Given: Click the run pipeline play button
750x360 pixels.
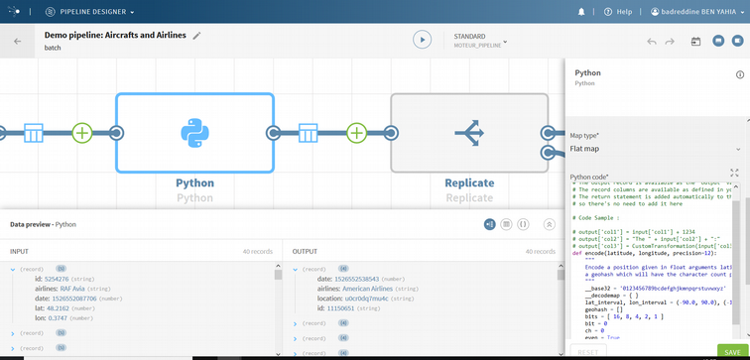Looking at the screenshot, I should [x=423, y=41].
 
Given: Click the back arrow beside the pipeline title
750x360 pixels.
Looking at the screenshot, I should [x=17, y=42].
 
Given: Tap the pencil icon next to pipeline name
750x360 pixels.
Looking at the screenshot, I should [x=196, y=35].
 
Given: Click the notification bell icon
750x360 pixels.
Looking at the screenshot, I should [x=581, y=12].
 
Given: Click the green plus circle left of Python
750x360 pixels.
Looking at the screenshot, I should [x=82, y=132].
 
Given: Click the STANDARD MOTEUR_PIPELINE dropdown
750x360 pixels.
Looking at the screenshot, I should [x=480, y=41].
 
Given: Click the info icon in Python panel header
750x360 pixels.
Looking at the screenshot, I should [x=739, y=74].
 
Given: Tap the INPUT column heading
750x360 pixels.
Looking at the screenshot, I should [x=20, y=251].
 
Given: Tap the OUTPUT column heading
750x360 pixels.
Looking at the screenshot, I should [x=305, y=251].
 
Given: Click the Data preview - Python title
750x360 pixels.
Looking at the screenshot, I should [x=43, y=224].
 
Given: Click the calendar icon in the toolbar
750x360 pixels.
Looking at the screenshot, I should [x=695, y=42].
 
